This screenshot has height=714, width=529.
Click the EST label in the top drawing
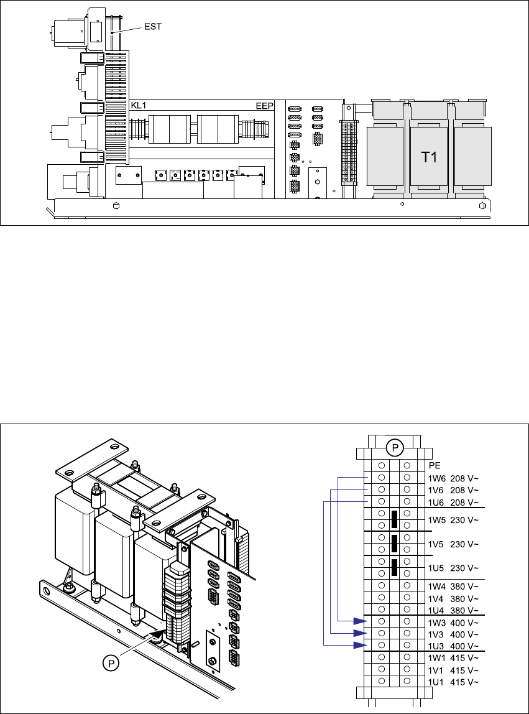pos(152,26)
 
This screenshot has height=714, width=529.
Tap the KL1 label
pos(139,106)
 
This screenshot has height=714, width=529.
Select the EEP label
pos(265,106)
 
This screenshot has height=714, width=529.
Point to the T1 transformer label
pos(430,157)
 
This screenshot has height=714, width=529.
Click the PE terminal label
pos(435,465)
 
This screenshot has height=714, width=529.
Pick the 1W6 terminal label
pos(436,478)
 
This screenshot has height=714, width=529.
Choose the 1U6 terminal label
pos(436,503)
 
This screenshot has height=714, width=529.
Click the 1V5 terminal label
pos(436,544)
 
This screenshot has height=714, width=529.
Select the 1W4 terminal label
pos(436,586)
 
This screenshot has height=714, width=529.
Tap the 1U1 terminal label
pos(436,682)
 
